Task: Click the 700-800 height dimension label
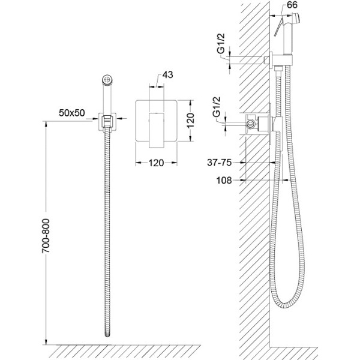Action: click(46, 236)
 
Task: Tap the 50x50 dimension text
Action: click(71, 113)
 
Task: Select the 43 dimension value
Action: click(167, 74)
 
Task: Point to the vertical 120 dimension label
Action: click(190, 121)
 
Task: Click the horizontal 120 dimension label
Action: click(156, 163)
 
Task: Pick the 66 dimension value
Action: click(292, 5)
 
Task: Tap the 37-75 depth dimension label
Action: click(219, 163)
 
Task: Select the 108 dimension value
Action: click(224, 180)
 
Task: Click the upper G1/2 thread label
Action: click(221, 43)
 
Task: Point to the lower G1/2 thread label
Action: click(216, 107)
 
